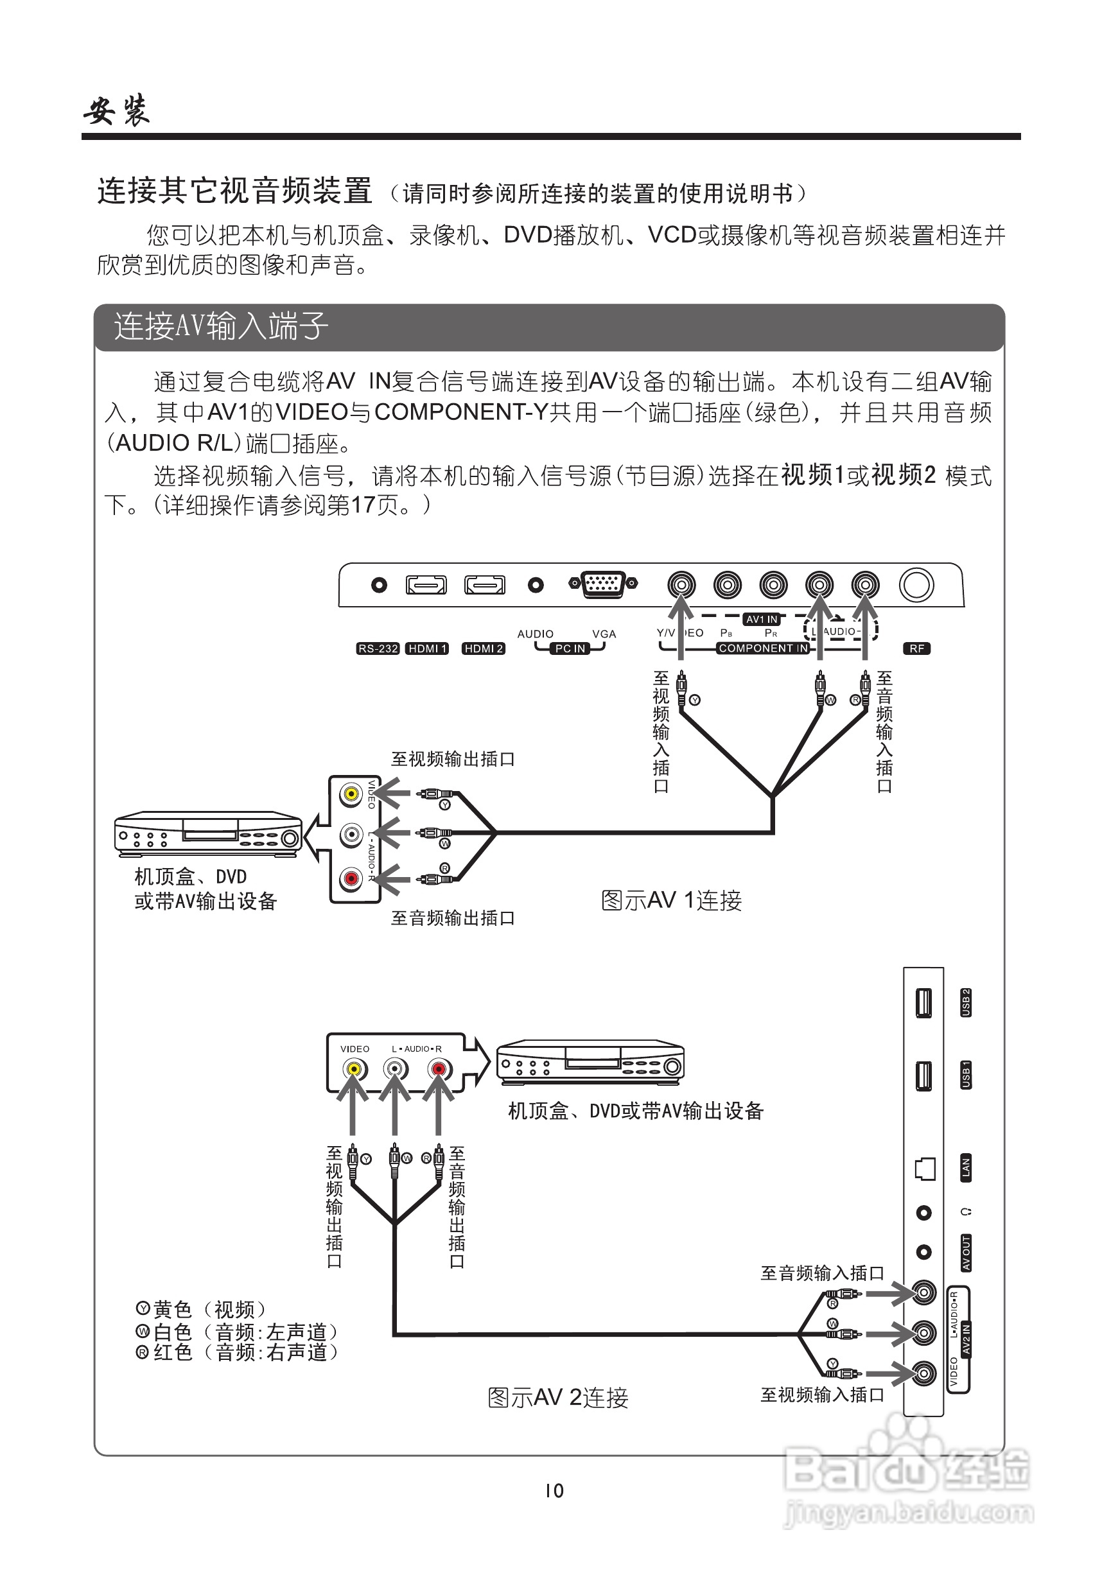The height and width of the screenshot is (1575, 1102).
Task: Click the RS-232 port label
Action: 378,648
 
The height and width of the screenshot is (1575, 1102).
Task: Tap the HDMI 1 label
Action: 427,648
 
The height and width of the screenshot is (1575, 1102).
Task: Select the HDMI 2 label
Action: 484,648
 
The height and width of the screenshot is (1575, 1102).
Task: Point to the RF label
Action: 917,648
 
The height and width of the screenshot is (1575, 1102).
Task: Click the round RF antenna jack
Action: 917,585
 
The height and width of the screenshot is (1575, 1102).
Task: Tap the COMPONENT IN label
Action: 763,648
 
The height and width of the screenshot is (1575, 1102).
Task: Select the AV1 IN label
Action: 762,620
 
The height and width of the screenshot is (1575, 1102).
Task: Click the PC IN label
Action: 570,648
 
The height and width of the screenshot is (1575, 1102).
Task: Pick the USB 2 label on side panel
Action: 965,1002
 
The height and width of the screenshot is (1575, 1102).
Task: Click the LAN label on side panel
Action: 965,1167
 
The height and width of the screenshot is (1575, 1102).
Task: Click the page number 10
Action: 554,1490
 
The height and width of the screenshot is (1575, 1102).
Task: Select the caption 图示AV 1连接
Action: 671,901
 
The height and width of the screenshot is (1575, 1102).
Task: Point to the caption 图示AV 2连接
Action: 558,1397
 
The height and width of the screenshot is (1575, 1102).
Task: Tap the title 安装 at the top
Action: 117,111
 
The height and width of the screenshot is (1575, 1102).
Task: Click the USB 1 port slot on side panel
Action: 924,1074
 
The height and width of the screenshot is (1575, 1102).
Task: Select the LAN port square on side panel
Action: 925,1168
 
